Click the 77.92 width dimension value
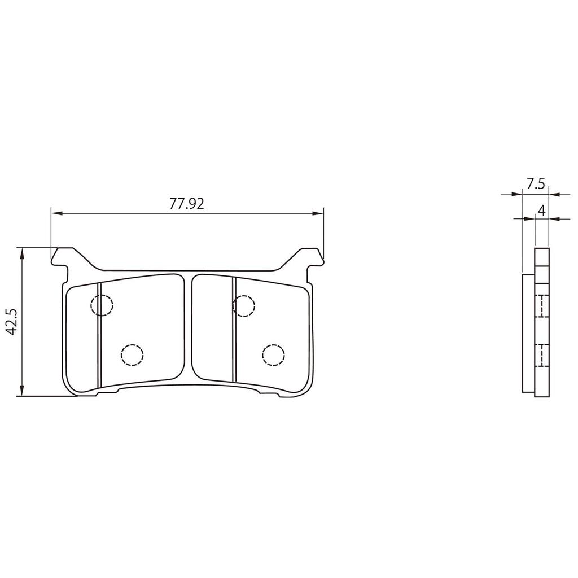point(187,204)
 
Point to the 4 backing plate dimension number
point(541,211)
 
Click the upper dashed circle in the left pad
point(102,305)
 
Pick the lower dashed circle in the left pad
point(132,355)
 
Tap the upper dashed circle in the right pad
point(244,305)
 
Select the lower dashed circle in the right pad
point(273,355)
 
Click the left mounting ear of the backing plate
point(62,257)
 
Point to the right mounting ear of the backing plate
point(312,257)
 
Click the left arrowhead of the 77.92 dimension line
point(55,213)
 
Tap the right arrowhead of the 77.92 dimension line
point(319,213)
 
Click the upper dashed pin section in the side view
point(541,306)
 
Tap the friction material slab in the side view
point(528,333)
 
